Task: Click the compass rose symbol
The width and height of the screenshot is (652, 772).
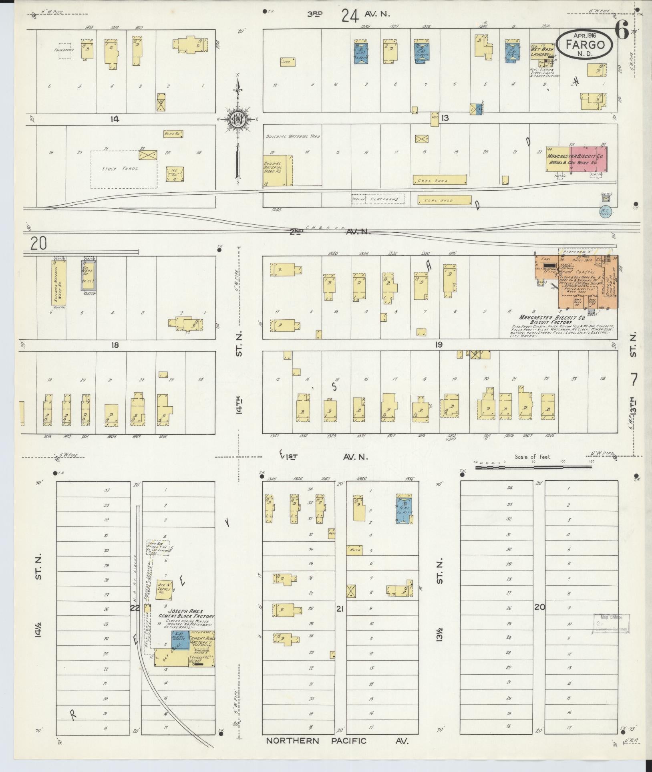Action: click(237, 119)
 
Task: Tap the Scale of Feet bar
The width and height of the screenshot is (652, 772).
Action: click(533, 467)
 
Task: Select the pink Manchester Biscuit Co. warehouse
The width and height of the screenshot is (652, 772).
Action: click(588, 157)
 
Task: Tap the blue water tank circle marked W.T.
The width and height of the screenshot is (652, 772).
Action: click(605, 211)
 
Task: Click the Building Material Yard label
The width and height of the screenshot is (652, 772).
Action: click(293, 137)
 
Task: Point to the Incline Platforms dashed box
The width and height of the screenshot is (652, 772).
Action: click(378, 199)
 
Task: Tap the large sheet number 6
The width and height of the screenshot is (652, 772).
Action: click(622, 30)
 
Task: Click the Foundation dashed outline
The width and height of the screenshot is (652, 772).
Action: click(65, 51)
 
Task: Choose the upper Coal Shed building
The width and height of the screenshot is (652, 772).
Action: click(440, 180)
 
